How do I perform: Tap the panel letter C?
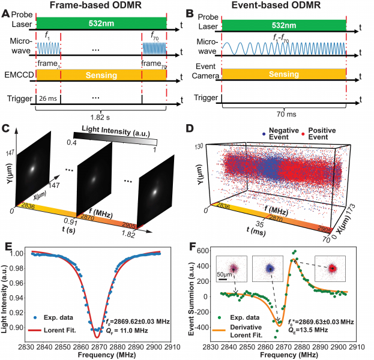click(x=5, y=128)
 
